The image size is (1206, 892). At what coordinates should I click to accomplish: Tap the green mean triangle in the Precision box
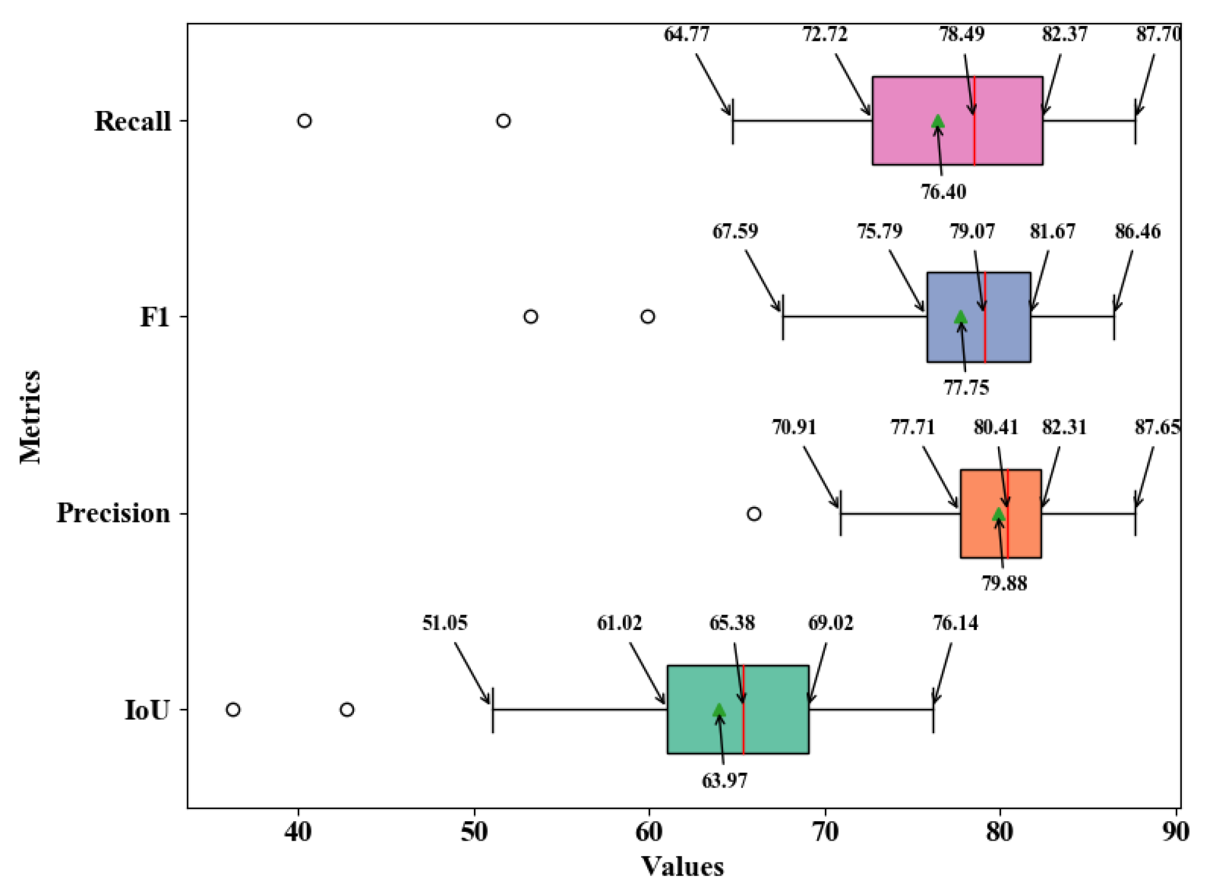(x=999, y=514)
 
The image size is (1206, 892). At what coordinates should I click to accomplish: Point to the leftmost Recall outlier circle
(x=304, y=120)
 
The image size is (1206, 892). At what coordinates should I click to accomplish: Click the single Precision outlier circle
(x=754, y=514)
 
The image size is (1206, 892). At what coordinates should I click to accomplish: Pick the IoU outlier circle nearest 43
(x=347, y=710)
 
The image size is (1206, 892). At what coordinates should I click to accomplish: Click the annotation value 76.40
(x=944, y=192)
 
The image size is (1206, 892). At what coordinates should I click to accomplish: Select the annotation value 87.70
(x=1158, y=34)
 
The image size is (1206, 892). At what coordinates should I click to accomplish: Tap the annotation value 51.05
(x=444, y=623)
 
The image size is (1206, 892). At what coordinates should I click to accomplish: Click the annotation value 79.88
(x=1005, y=584)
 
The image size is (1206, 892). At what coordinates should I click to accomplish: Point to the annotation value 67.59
(x=734, y=231)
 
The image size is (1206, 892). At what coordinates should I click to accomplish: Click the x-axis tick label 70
(x=825, y=832)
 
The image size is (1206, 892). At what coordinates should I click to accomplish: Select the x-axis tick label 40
(x=298, y=832)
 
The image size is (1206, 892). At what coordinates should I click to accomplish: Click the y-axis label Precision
(x=113, y=513)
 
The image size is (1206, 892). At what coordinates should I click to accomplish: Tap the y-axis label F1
(x=154, y=317)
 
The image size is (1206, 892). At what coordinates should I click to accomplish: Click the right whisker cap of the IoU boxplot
(x=934, y=710)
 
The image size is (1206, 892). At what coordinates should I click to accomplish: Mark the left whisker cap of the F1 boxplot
(x=783, y=317)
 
